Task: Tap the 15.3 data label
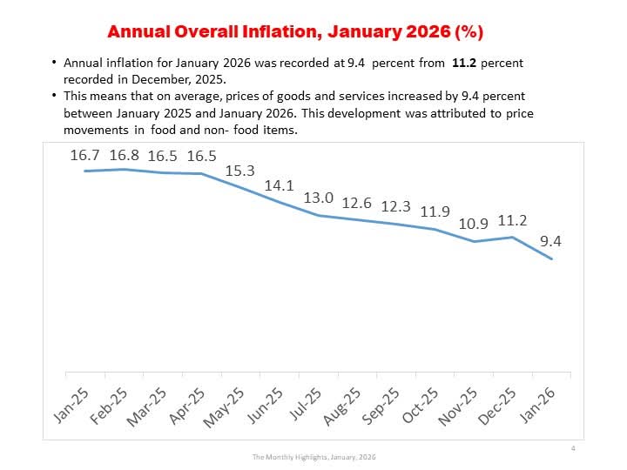(x=239, y=171)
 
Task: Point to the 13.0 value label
(x=318, y=198)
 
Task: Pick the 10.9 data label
(x=474, y=224)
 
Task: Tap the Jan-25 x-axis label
(x=71, y=402)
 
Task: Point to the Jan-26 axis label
(x=538, y=403)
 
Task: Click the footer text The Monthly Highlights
(x=313, y=457)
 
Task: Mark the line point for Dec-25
(x=513, y=237)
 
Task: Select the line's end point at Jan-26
(x=551, y=258)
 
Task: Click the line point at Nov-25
(x=474, y=241)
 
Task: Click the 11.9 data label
(x=435, y=211)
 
